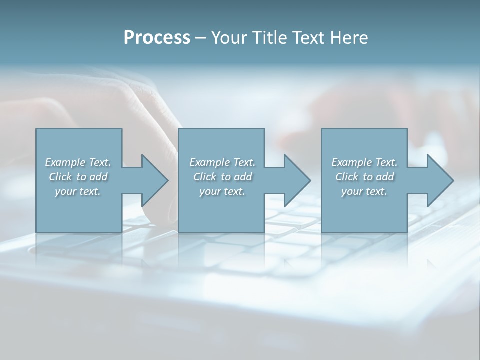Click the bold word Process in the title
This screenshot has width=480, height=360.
(x=157, y=38)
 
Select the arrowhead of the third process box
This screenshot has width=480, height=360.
(x=439, y=180)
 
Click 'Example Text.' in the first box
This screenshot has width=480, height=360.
(x=78, y=162)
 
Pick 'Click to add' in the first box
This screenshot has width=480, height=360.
(x=78, y=177)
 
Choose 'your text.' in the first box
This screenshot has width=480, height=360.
(x=78, y=191)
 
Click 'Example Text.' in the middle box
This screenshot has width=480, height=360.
(x=222, y=162)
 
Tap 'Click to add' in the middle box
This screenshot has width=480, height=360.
(x=222, y=177)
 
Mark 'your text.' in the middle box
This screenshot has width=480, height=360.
(x=222, y=191)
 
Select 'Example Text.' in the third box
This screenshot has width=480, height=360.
(x=364, y=162)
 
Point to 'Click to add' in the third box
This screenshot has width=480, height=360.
(x=364, y=177)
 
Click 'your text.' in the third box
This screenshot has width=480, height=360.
(x=364, y=191)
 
